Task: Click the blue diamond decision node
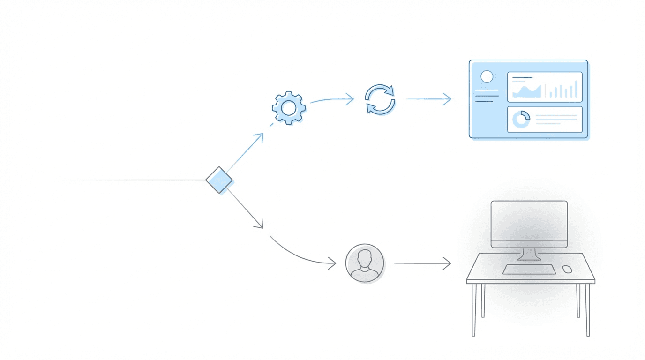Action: [219, 180]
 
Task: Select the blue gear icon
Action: [289, 108]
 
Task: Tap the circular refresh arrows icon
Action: [380, 99]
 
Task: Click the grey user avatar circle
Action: [365, 263]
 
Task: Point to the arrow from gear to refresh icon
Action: [332, 99]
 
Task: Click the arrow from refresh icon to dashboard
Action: [428, 99]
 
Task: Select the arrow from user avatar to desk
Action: [422, 263]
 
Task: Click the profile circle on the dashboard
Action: [487, 76]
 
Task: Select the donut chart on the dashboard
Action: [521, 119]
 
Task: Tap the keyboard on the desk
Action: [529, 270]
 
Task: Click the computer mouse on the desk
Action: [567, 269]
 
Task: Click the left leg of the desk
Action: [474, 309]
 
